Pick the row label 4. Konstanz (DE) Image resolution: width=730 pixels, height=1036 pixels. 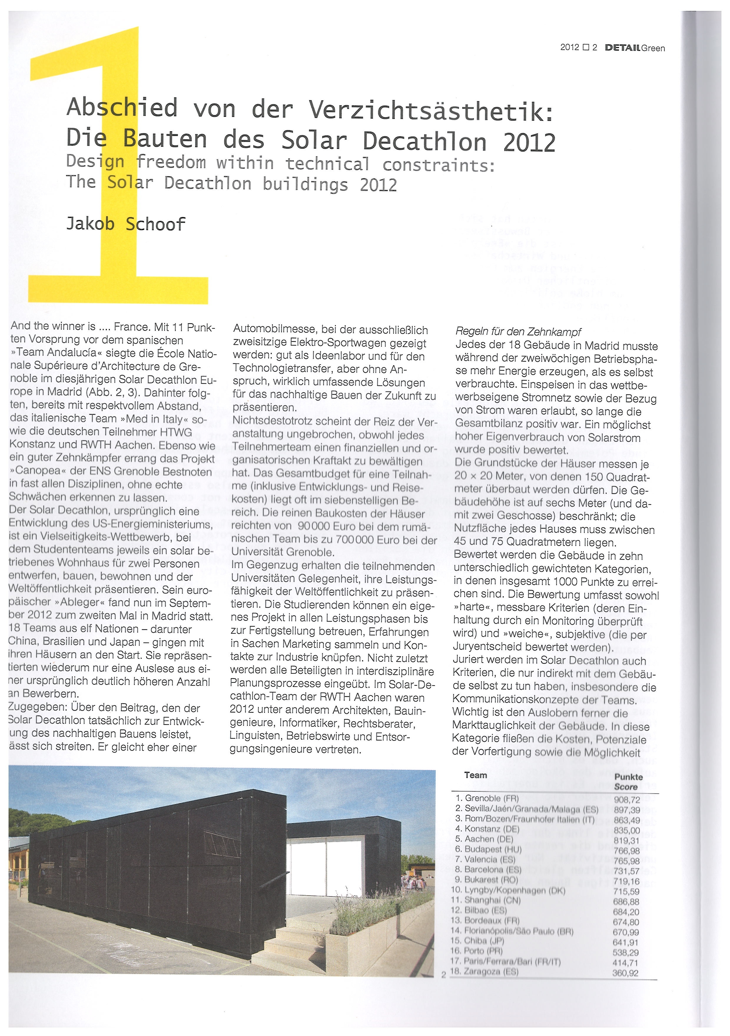coord(487,829)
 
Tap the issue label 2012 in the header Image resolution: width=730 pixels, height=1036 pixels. coord(569,47)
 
